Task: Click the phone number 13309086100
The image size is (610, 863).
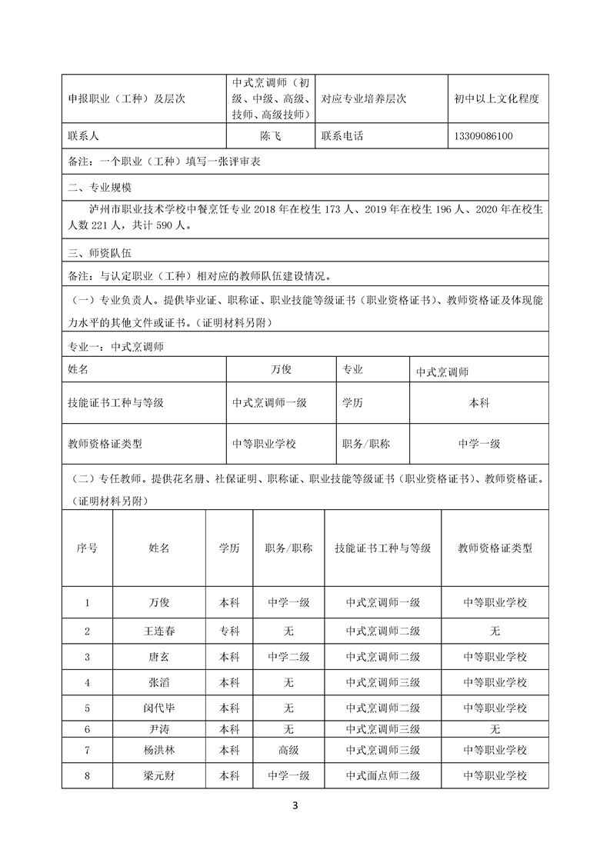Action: (x=484, y=137)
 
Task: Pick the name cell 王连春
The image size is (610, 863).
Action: (x=159, y=631)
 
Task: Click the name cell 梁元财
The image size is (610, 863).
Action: (x=159, y=776)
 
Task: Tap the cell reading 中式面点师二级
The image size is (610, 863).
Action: (x=382, y=776)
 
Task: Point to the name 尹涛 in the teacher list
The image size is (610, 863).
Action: (x=159, y=728)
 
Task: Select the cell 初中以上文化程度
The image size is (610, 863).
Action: (x=496, y=98)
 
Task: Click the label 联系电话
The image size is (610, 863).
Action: (x=342, y=137)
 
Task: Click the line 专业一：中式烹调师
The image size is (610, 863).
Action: (x=115, y=347)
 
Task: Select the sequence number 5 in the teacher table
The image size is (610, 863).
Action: (x=87, y=707)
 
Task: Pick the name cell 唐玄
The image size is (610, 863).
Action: (x=159, y=657)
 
